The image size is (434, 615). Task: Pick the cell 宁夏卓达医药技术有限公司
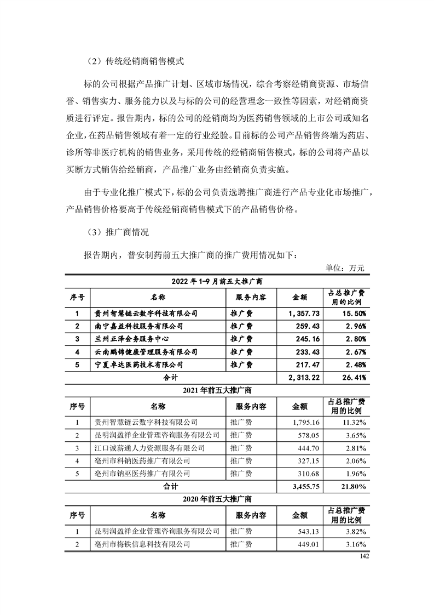136,364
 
